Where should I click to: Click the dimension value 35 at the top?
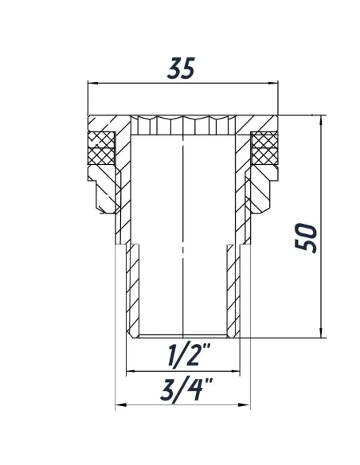point(181,69)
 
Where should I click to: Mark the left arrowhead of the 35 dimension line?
point(90,83)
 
